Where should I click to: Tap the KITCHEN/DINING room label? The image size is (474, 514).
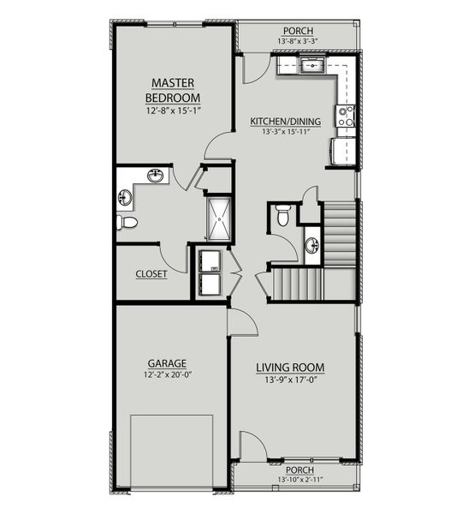[285, 122]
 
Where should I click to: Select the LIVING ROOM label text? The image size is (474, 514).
[291, 368]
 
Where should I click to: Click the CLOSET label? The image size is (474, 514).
[151, 275]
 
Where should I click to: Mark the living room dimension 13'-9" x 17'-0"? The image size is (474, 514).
[291, 381]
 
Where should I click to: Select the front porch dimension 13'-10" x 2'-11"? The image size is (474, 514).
[296, 481]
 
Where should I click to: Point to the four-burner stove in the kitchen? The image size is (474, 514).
[346, 116]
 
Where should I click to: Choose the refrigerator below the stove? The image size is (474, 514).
[340, 149]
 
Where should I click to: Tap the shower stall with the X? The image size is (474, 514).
[218, 218]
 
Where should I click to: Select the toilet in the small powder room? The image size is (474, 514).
[283, 216]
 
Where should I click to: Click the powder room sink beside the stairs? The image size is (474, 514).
[311, 246]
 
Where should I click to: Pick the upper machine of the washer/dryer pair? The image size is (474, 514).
[208, 260]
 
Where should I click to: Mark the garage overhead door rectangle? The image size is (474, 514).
[171, 450]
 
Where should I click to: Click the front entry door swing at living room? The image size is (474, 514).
[252, 445]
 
